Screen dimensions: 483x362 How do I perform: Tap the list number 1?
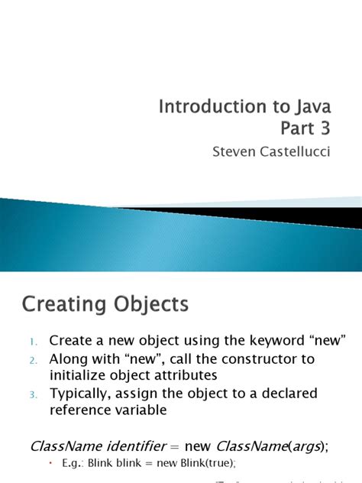click(33, 340)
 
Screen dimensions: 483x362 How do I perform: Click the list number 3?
click(33, 394)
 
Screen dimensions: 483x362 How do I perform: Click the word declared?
click(280, 394)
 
